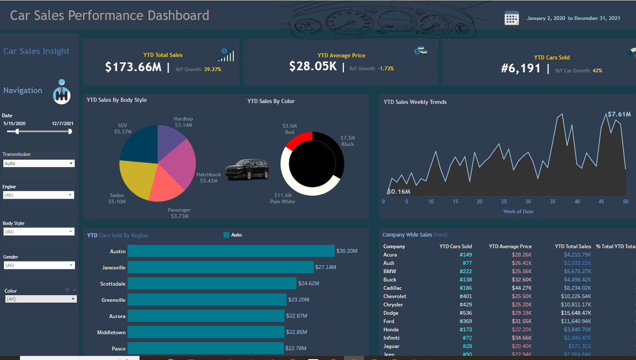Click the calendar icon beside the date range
tap(511, 18)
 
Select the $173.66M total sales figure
tap(133, 67)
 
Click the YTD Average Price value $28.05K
tap(313, 66)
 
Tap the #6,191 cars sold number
tap(521, 69)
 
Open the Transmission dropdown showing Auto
tap(39, 163)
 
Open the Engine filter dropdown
tap(39, 195)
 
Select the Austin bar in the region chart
tap(231, 251)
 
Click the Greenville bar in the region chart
tap(207, 300)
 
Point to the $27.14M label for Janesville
tap(326, 267)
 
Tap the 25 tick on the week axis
tap(504, 202)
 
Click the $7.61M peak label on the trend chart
tap(619, 114)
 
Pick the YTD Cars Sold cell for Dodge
tap(465, 313)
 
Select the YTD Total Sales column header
tap(573, 247)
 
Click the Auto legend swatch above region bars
tap(226, 235)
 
